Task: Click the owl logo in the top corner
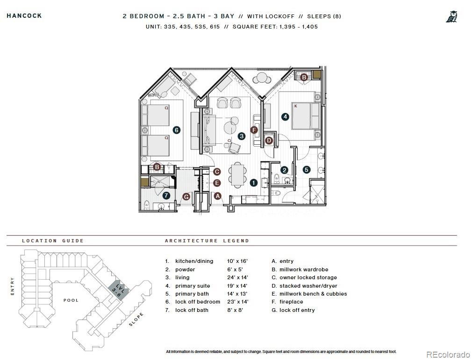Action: coord(451,17)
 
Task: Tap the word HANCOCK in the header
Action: coord(24,16)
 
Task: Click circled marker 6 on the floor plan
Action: coord(177,130)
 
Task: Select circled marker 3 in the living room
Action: coord(241,136)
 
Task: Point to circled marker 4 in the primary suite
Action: coord(285,117)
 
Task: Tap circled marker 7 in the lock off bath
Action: coord(166,195)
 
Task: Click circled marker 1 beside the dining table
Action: coord(253,183)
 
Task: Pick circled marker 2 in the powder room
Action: coord(284,170)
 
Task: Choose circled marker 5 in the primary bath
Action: coord(307,170)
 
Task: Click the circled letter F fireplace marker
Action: coord(254,130)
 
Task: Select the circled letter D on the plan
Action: coord(269,140)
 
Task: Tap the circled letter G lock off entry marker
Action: coord(186,197)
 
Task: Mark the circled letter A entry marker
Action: coord(217,196)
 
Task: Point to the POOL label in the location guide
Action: coord(71,300)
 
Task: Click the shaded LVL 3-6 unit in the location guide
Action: coord(117,290)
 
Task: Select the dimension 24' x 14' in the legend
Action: coord(237,277)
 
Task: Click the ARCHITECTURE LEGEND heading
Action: coord(207,241)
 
